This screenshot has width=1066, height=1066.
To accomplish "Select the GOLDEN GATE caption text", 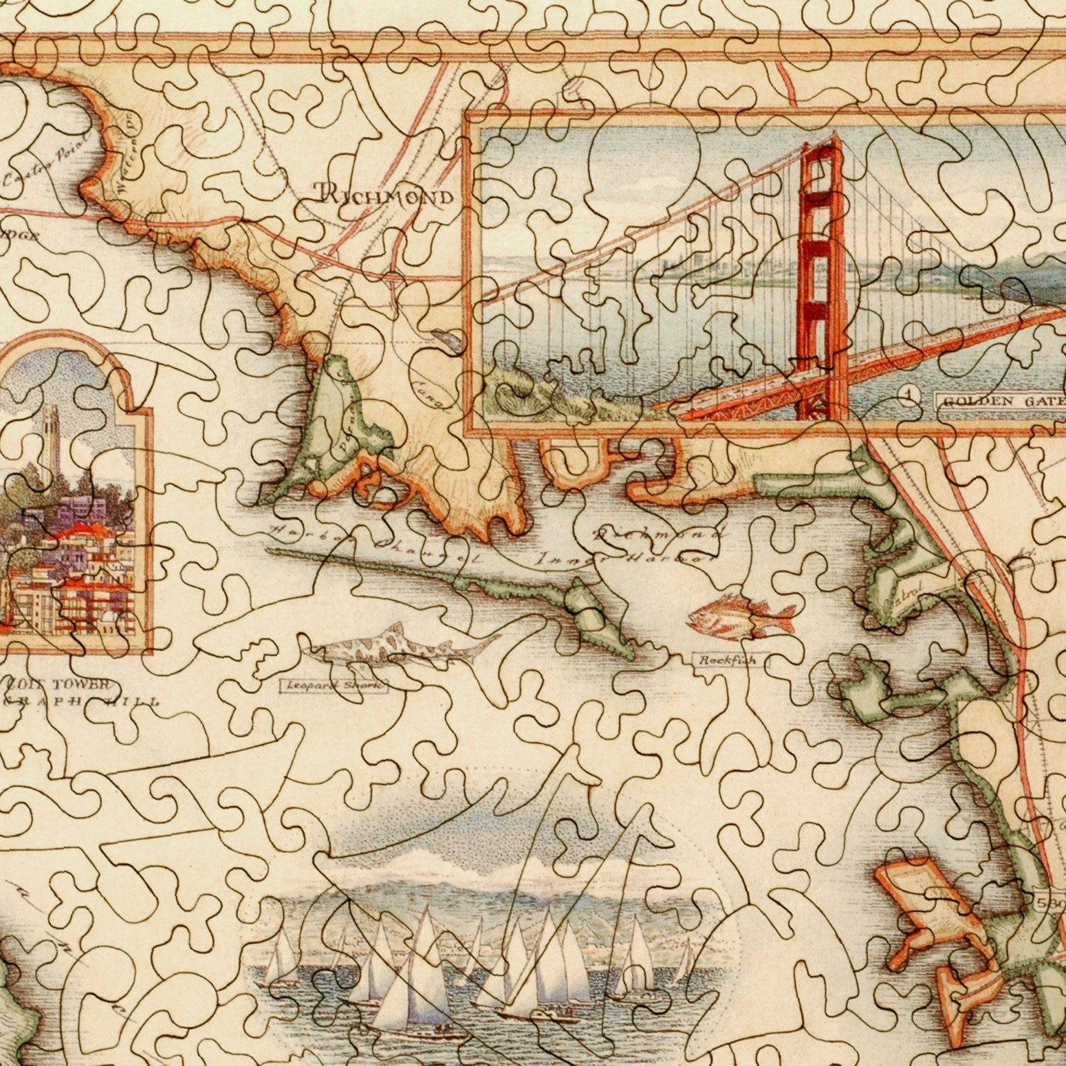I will pos(1001,401).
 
